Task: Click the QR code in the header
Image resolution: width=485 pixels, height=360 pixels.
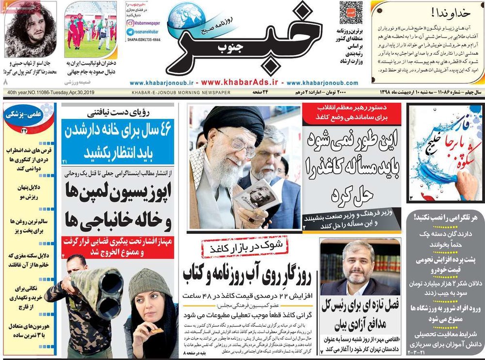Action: tap(351, 13)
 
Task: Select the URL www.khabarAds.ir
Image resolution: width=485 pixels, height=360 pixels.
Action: tap(242, 82)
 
